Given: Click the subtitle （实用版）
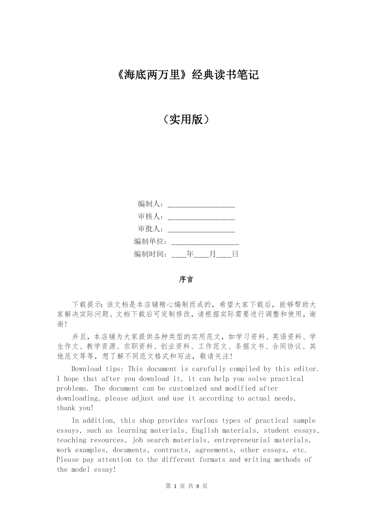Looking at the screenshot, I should click(x=186, y=119).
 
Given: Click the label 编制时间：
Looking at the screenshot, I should click(x=151, y=254).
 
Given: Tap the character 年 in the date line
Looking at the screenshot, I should click(x=190, y=254).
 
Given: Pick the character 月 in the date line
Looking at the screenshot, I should click(x=212, y=254).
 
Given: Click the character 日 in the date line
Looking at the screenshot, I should click(x=235, y=254).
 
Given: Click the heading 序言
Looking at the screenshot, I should click(x=186, y=279).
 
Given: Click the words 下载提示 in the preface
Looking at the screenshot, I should click(x=87, y=305).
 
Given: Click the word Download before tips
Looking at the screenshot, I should click(x=86, y=369).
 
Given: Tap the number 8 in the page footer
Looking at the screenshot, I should click(x=198, y=486).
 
